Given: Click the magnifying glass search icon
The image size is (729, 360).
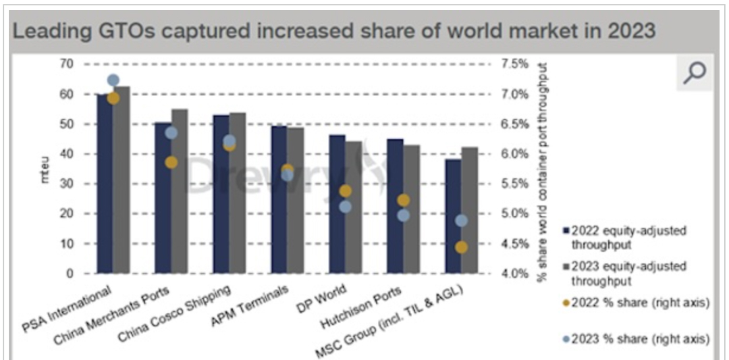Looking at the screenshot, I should pyautogui.click(x=694, y=73).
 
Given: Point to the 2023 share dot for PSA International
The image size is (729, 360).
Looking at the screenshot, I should pyautogui.click(x=113, y=80).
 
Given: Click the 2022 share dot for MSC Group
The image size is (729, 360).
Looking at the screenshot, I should pyautogui.click(x=461, y=247).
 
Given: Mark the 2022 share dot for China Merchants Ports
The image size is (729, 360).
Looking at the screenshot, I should pyautogui.click(x=171, y=162).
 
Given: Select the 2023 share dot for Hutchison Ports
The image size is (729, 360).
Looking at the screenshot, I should pyautogui.click(x=404, y=215).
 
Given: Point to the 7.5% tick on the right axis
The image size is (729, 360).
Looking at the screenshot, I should pyautogui.click(x=514, y=64).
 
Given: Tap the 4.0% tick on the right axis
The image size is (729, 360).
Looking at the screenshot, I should pyautogui.click(x=514, y=274).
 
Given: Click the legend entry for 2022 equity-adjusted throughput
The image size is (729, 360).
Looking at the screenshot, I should pyautogui.click(x=628, y=236).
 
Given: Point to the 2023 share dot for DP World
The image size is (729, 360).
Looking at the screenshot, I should pyautogui.click(x=345, y=207).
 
